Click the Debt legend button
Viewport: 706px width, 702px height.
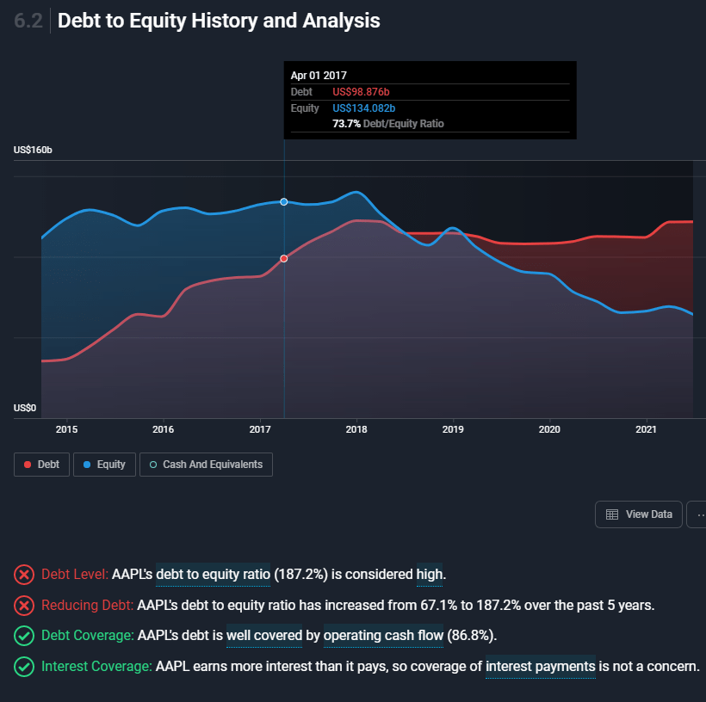click(41, 465)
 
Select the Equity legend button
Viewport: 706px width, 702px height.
click(103, 465)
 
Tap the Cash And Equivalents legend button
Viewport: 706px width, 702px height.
click(207, 465)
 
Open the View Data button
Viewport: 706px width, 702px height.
click(639, 514)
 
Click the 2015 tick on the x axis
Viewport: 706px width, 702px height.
click(66, 428)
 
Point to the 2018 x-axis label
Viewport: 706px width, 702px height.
click(356, 428)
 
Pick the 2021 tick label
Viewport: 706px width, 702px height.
click(646, 428)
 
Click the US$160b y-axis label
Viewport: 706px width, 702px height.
click(34, 151)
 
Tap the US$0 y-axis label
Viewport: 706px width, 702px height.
click(24, 408)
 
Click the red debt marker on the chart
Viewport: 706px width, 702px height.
click(284, 258)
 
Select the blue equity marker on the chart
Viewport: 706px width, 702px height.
click(284, 201)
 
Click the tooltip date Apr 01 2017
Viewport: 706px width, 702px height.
click(319, 76)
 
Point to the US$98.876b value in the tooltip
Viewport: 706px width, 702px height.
click(367, 92)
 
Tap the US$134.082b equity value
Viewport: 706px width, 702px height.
click(363, 108)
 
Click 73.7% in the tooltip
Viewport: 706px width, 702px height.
click(347, 124)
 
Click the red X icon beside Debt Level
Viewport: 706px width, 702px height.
click(25, 574)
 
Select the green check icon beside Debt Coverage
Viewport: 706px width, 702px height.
click(25, 636)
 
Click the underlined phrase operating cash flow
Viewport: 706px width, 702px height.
click(383, 636)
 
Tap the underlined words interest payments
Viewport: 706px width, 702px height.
click(540, 666)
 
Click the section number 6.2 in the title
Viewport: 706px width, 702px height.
click(29, 21)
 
